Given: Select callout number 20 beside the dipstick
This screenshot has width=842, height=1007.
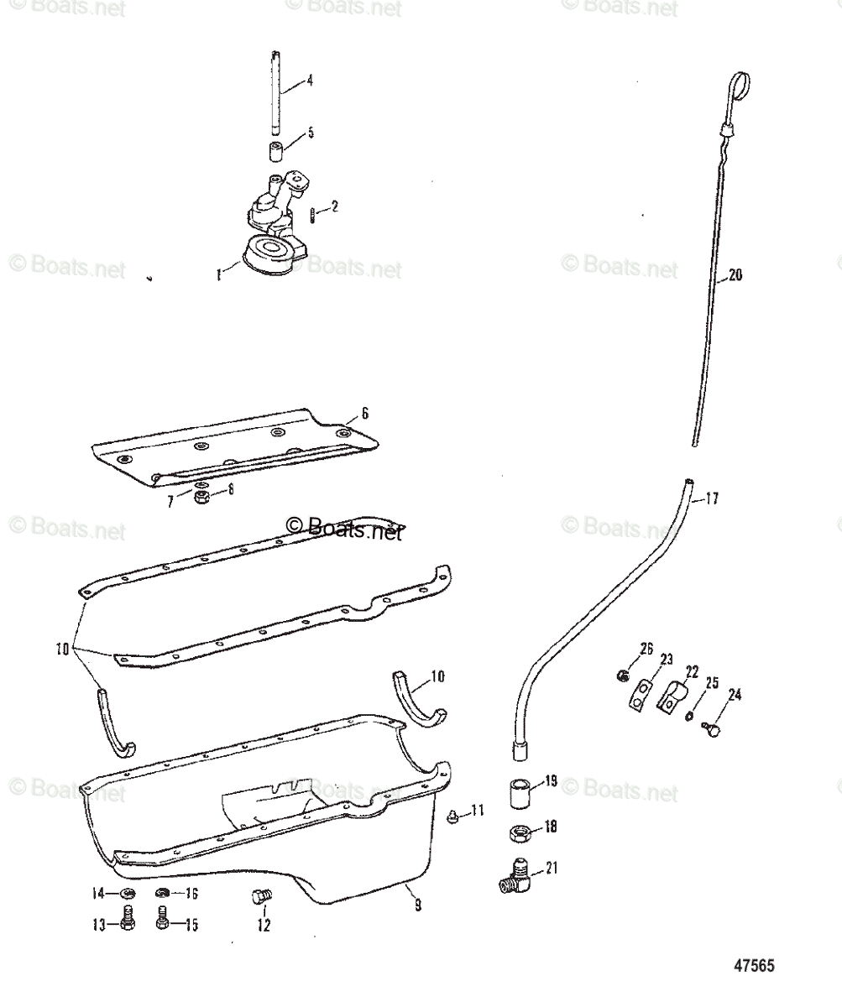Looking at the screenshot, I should (x=735, y=275).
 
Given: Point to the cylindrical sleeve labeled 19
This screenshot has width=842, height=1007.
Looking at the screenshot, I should (x=519, y=793).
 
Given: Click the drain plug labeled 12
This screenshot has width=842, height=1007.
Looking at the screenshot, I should (x=259, y=898).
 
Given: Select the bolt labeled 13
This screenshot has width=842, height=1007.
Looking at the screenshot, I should (x=128, y=923).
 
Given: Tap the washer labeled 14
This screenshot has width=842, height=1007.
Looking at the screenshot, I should (x=128, y=895).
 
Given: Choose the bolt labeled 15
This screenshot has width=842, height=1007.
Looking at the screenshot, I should (x=163, y=923).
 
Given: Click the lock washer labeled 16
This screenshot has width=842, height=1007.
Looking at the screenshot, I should (x=163, y=895).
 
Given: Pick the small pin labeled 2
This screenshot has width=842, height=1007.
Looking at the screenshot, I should (x=310, y=215).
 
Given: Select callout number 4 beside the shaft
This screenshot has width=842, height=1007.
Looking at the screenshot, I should (x=310, y=81).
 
